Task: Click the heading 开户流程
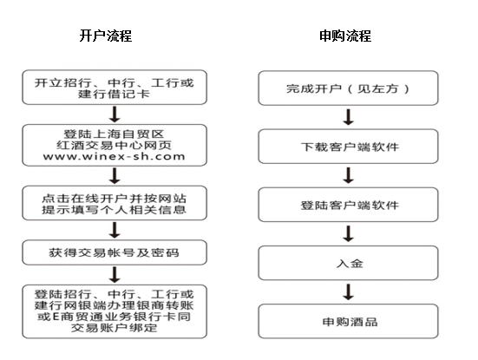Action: coord(106,36)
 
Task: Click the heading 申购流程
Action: coord(345,36)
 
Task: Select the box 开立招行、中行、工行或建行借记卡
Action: coord(115,88)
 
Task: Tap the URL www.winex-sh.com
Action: coord(114,157)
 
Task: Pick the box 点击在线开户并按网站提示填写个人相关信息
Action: coord(115,203)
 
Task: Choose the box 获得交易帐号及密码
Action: coord(115,252)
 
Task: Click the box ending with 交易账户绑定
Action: coord(115,311)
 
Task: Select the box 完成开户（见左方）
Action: coord(348,88)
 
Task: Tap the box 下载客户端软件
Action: coord(348,147)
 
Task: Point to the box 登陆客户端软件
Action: coord(348,205)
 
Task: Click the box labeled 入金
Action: coord(348,263)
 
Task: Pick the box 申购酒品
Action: coord(348,321)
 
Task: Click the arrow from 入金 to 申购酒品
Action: coord(348,291)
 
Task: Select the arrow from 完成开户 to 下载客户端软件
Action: coord(348,117)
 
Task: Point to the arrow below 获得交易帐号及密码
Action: coord(115,275)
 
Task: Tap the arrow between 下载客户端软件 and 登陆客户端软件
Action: coord(348,175)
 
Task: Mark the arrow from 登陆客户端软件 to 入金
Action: coord(348,233)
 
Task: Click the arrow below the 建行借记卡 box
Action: coord(115,115)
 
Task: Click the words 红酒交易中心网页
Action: coord(114,146)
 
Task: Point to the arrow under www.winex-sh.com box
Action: coord(115,175)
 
